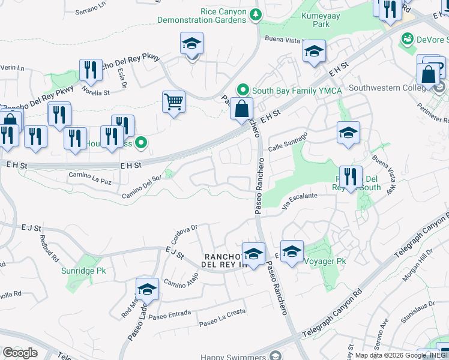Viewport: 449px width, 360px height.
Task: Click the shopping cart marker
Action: tap(173, 103)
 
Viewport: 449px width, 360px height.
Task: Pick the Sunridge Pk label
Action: tap(83, 271)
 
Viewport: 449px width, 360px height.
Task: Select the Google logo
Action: tap(20, 353)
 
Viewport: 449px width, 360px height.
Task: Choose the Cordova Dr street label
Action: tap(185, 232)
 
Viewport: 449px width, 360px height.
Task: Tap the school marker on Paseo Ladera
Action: tap(147, 290)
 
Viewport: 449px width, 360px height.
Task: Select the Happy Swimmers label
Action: tap(234, 357)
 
